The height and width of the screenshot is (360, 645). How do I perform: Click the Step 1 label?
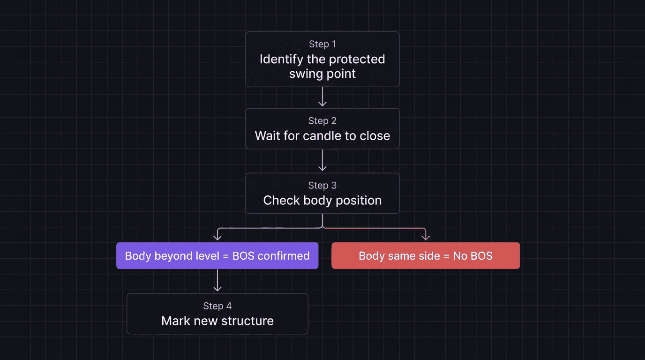tap(322, 44)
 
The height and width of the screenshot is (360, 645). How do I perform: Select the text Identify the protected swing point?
tap(322, 66)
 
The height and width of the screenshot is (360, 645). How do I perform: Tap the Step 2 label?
tap(322, 121)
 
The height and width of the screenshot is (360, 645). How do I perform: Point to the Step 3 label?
tap(322, 186)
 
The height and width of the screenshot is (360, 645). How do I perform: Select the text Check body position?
tap(322, 201)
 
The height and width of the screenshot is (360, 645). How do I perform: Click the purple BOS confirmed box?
tap(217, 255)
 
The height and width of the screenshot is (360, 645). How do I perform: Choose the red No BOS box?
tap(425, 255)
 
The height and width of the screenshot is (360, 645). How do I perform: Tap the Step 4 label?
tap(217, 306)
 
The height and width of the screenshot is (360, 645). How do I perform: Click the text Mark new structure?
tap(217, 321)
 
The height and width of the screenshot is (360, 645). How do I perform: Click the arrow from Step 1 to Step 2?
tap(322, 97)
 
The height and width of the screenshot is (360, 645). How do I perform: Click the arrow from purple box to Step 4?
tap(217, 281)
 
